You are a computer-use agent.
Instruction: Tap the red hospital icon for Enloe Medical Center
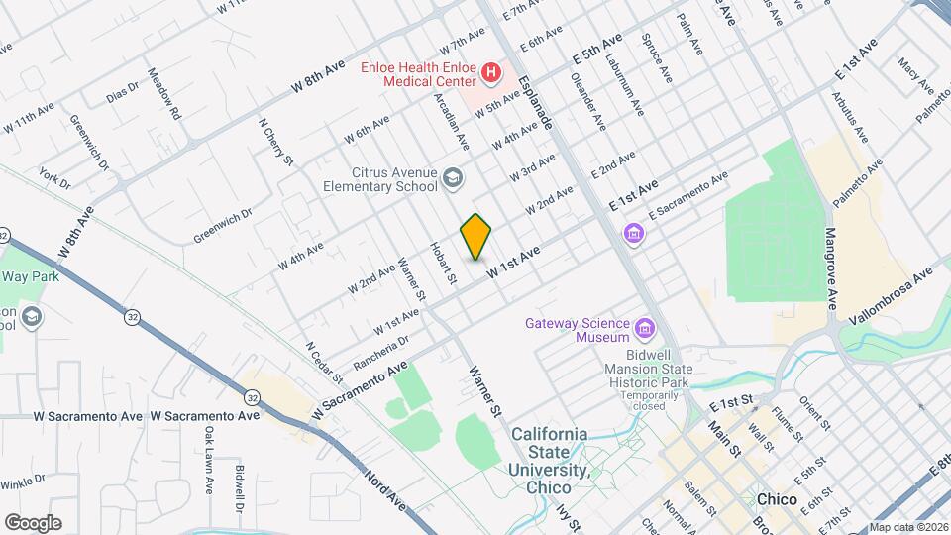point(489,72)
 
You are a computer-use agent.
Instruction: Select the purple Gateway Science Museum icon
point(646,328)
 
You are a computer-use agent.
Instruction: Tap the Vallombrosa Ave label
point(891,287)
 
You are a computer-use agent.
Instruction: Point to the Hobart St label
point(442,266)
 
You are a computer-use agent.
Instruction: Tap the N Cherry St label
point(277,143)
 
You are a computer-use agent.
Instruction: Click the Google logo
point(33,522)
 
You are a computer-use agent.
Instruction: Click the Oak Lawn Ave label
point(209,461)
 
